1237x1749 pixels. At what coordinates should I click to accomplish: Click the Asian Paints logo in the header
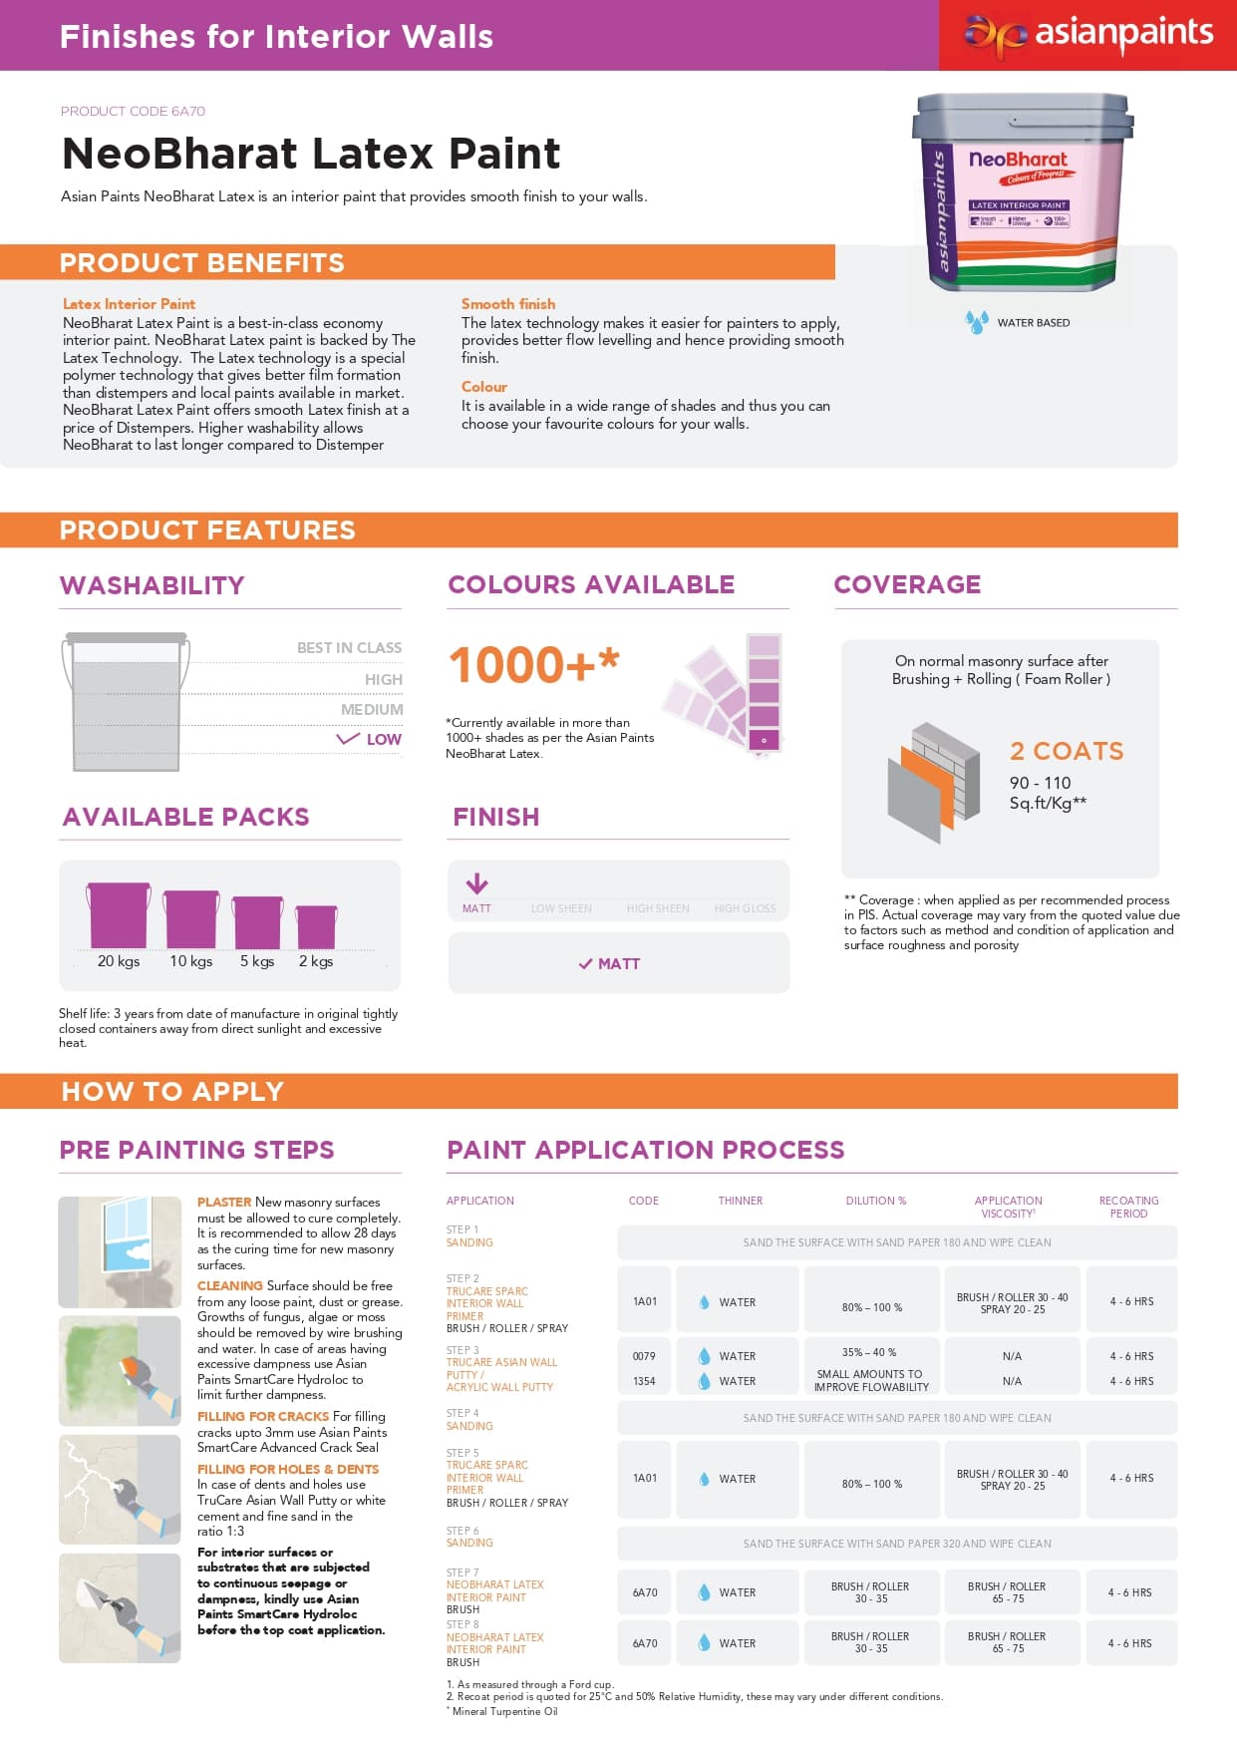tap(1087, 35)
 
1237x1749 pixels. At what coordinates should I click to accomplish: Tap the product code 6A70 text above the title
tap(133, 111)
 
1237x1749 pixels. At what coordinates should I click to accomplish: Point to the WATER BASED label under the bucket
tap(1033, 323)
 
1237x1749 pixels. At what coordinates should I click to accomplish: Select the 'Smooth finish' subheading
tap(508, 304)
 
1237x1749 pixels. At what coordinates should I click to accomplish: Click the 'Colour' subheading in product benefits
tap(484, 387)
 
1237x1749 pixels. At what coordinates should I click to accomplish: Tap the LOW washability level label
tap(383, 740)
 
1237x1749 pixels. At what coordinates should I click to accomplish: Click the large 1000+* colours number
tap(533, 665)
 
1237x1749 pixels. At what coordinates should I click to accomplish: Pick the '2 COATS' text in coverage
tap(1066, 751)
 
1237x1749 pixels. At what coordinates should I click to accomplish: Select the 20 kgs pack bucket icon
tap(119, 915)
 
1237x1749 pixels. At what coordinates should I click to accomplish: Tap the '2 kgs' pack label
tap(316, 961)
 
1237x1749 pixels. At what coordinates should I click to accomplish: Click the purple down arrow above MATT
tap(477, 883)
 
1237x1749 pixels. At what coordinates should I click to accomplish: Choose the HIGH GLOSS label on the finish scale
tap(745, 908)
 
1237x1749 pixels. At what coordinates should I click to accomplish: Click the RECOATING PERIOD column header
tap(1128, 1207)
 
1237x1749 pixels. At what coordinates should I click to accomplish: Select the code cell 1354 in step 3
tap(644, 1381)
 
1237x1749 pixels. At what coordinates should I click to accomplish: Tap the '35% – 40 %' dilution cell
tap(869, 1353)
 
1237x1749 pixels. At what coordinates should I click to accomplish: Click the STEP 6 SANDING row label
tap(468, 1537)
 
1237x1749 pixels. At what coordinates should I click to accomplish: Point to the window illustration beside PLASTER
tap(120, 1251)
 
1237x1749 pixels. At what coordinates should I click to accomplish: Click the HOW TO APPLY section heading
tap(172, 1091)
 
